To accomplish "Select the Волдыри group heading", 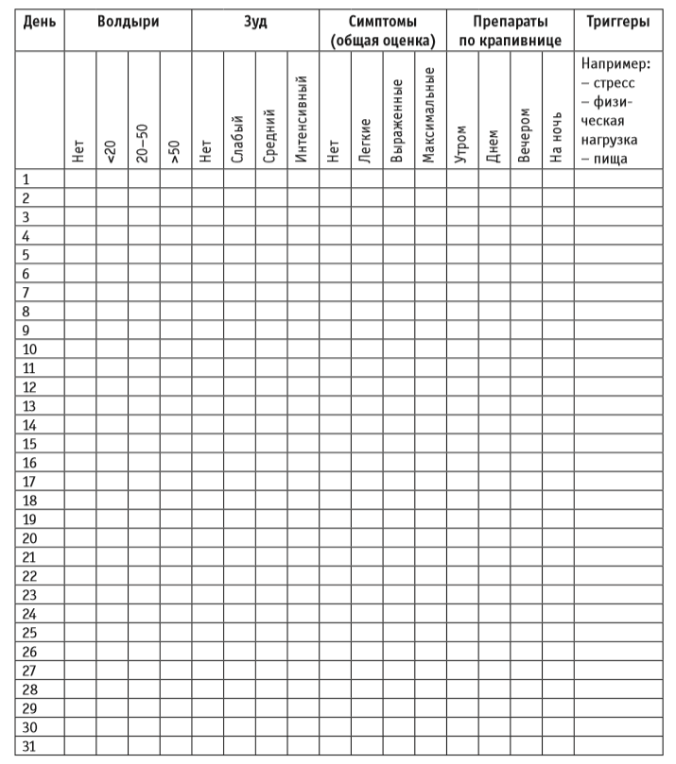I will coord(128,21).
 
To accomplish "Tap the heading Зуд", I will coord(254,21).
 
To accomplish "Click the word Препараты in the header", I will coord(510,21).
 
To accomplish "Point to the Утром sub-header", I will coord(462,144).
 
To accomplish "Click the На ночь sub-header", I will coord(557,138).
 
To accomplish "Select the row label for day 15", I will coord(29,444).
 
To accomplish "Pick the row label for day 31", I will coord(29,746).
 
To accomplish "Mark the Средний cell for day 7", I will coord(270,293).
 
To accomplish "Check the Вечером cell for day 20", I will coord(526,538).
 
